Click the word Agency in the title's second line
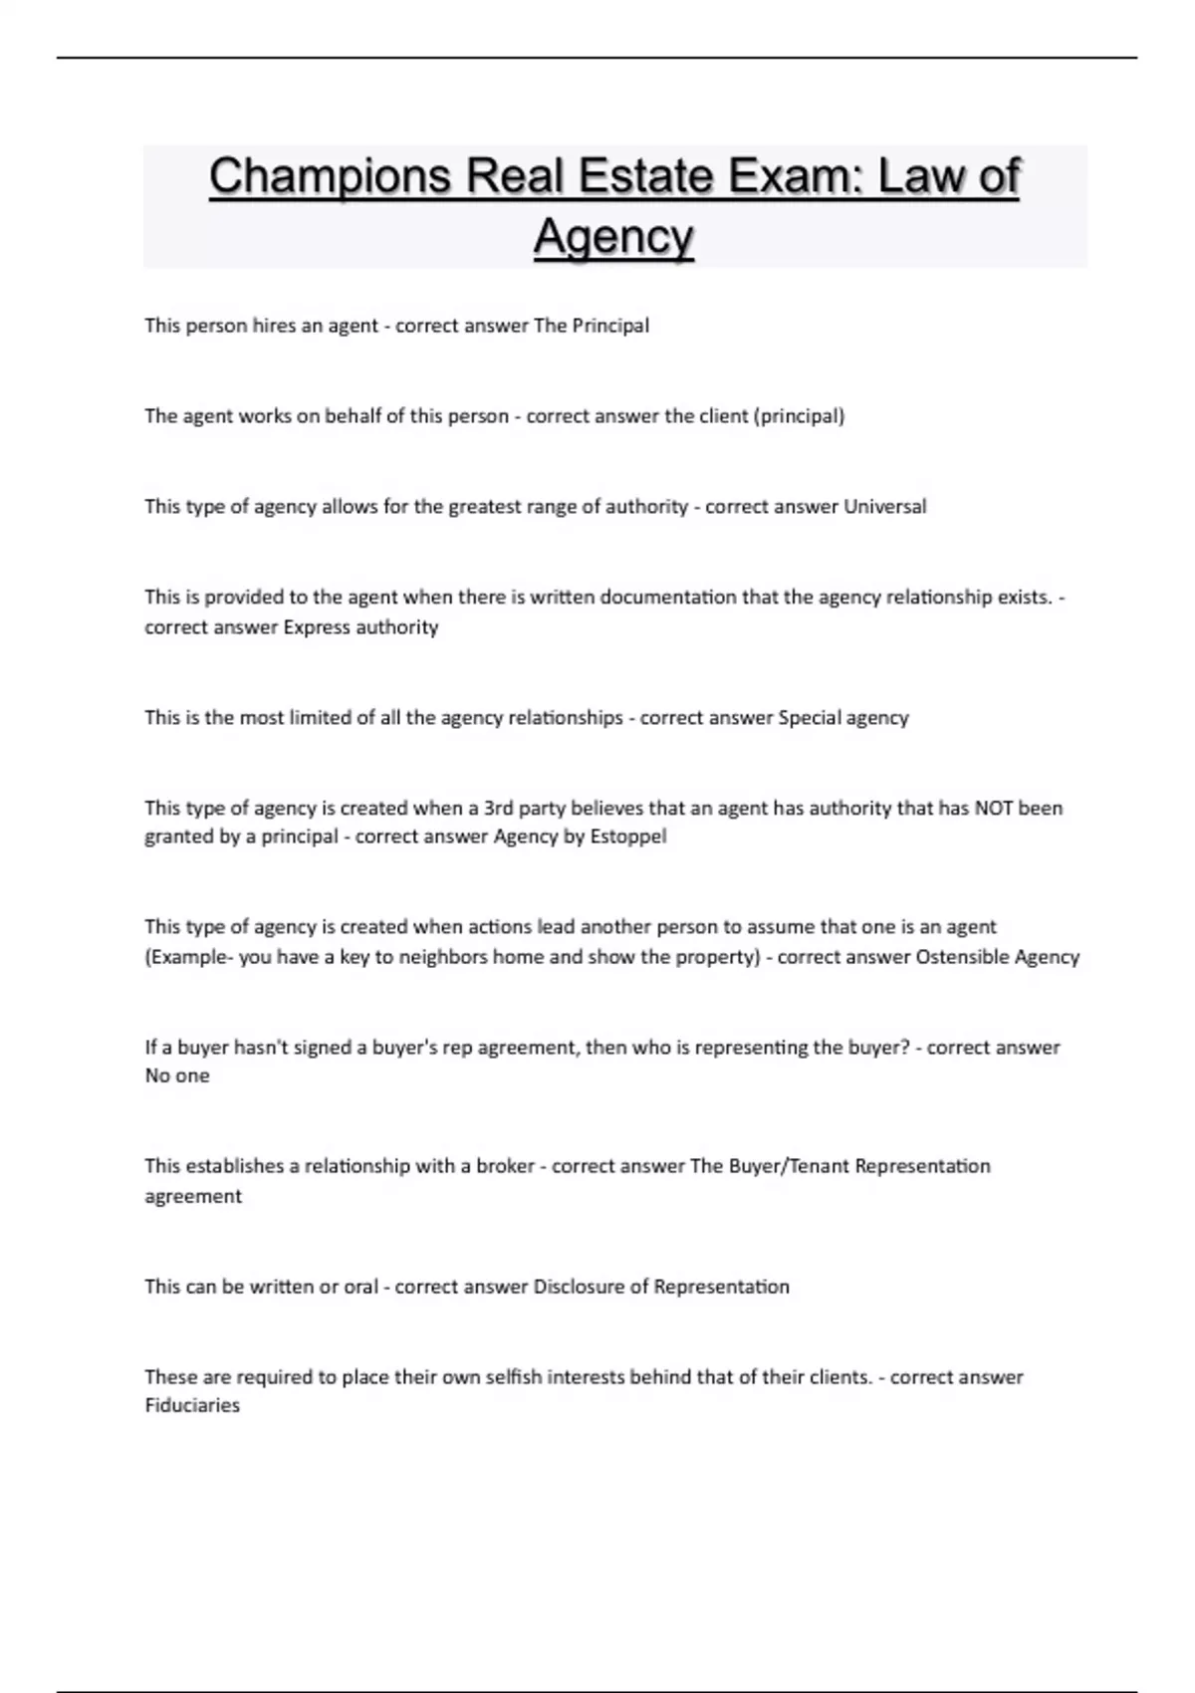point(613,237)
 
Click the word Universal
point(885,507)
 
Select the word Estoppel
point(628,837)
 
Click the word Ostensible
point(962,957)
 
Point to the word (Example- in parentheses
point(188,957)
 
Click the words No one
point(177,1076)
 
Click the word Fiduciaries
point(192,1405)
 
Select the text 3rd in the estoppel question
point(498,808)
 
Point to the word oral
point(361,1287)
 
